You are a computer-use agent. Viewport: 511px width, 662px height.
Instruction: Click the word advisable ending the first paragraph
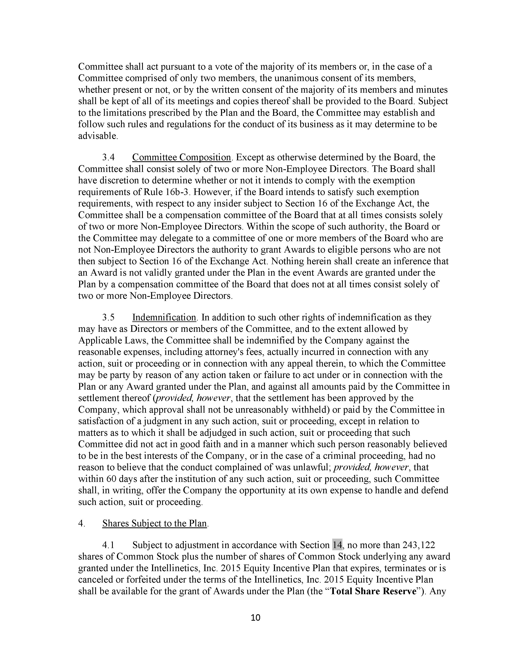pos(97,136)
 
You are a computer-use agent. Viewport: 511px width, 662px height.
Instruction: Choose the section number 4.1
pos(108,545)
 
